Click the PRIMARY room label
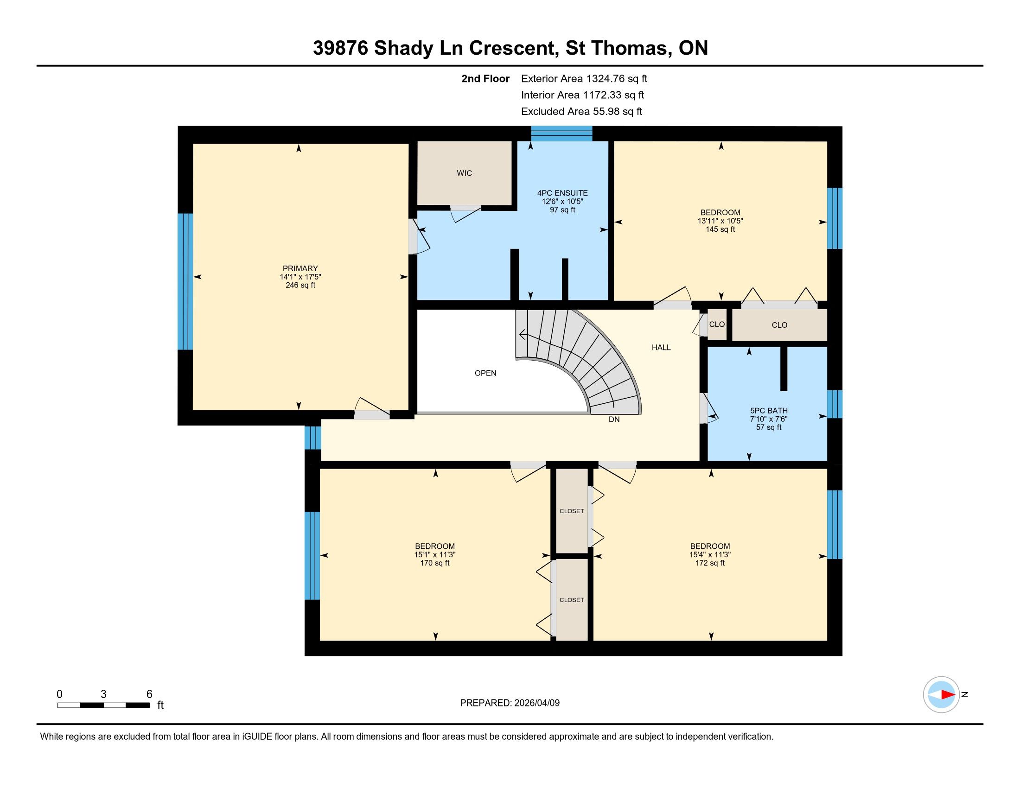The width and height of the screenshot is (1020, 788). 300,268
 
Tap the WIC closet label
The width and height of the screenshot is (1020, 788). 464,173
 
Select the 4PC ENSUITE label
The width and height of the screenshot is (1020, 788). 562,193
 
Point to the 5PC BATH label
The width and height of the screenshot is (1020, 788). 769,410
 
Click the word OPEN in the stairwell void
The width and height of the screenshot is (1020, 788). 485,373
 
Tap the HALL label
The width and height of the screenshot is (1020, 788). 661,347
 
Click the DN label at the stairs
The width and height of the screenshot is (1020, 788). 614,419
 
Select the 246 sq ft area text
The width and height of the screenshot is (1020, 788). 300,285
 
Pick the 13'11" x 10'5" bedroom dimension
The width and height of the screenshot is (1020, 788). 720,221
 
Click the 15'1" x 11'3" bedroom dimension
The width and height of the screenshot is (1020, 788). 435,554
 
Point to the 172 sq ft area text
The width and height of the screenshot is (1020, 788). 710,563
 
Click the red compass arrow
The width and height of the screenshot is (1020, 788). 948,695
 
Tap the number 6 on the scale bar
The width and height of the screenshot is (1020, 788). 149,694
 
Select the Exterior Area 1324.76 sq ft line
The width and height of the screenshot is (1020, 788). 584,78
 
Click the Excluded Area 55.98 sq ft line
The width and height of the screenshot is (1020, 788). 582,111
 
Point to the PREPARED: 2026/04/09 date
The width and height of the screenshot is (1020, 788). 510,703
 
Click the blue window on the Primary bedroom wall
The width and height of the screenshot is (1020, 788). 185,281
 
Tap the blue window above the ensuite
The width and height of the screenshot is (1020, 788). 562,133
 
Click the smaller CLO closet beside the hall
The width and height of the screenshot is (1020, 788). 717,324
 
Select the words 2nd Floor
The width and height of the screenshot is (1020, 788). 485,78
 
